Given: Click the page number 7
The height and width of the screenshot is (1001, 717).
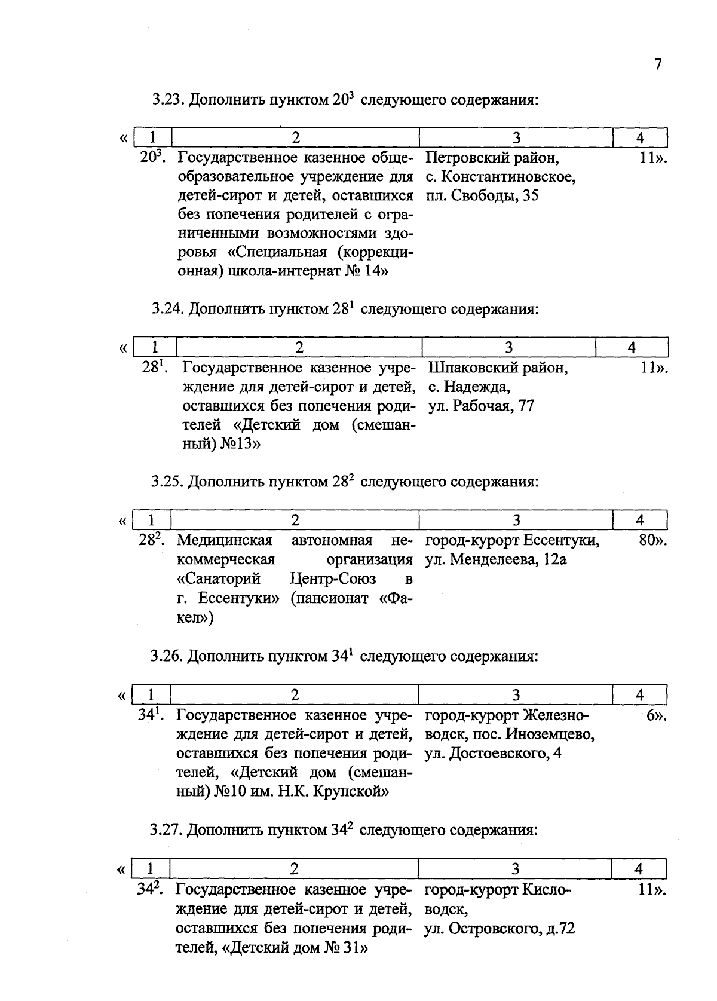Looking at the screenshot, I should coord(658,65).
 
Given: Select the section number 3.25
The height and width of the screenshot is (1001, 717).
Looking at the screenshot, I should coord(167,482).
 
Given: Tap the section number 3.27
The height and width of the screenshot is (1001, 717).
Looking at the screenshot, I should coord(167,831).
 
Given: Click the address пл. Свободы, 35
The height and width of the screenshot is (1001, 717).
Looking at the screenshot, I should coord(482,196).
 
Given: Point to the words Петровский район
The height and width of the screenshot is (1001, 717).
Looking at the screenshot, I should coord(492,158).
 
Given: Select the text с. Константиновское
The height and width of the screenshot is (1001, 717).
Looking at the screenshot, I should coord(501,177).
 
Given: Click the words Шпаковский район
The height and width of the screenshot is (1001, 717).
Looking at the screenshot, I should coord(498,368).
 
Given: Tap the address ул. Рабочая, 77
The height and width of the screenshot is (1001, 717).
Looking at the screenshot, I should coord(481,406).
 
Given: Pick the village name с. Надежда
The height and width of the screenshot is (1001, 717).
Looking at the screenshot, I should coord(469,387).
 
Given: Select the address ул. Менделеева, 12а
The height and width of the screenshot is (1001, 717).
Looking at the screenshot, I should coord(495,560).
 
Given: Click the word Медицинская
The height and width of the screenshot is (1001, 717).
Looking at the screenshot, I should coord(225,541).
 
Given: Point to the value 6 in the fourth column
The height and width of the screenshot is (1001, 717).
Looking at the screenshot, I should coord(650,715).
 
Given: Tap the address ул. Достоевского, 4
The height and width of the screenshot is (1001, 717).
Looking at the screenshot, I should coord(492,754).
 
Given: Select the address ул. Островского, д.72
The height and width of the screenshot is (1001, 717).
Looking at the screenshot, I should coord(500,929).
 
